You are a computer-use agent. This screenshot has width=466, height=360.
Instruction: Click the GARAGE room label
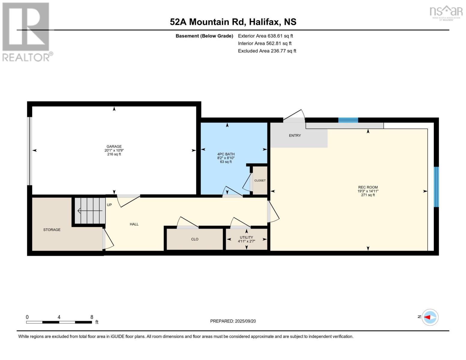pos(114,147)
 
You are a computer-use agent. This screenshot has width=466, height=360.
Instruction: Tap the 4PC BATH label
pos(226,154)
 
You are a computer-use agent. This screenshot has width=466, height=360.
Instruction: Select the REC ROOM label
pos(368,187)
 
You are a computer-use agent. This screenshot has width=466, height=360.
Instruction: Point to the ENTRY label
pos(295,136)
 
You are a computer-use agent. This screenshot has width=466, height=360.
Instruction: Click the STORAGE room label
pos(52,230)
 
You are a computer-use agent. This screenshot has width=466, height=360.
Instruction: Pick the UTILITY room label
pos(246,237)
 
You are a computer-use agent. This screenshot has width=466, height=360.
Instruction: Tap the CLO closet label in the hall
pos(195,239)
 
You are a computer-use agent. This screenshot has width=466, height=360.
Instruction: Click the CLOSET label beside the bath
pos(260,181)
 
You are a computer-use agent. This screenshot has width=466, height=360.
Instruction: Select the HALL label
pos(134,224)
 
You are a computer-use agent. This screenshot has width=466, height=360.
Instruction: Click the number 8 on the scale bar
pos(92,317)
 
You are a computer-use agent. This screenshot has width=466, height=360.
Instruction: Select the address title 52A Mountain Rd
pos(233,22)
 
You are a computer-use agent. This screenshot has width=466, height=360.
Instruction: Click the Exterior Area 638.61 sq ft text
pos(265,36)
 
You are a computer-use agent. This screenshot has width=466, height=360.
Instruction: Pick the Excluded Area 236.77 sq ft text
pos(267,51)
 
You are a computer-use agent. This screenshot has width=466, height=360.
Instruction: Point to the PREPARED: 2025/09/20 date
pos(233,321)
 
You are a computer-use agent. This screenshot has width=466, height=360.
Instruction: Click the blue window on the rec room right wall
pos(436,187)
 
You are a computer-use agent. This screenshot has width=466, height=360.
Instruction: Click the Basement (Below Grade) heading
pos(204,36)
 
